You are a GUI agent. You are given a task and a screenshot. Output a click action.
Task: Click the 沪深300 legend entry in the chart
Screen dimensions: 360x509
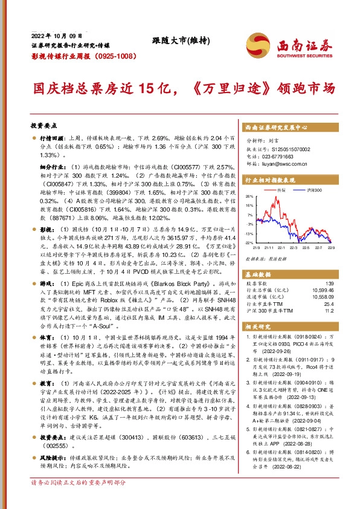pyautogui.click(x=313, y=189)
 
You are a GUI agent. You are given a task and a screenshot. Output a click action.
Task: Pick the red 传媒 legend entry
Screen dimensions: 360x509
pyautogui.click(x=280, y=189)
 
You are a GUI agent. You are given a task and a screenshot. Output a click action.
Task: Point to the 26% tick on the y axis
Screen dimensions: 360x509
pyautogui.click(x=249, y=196)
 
